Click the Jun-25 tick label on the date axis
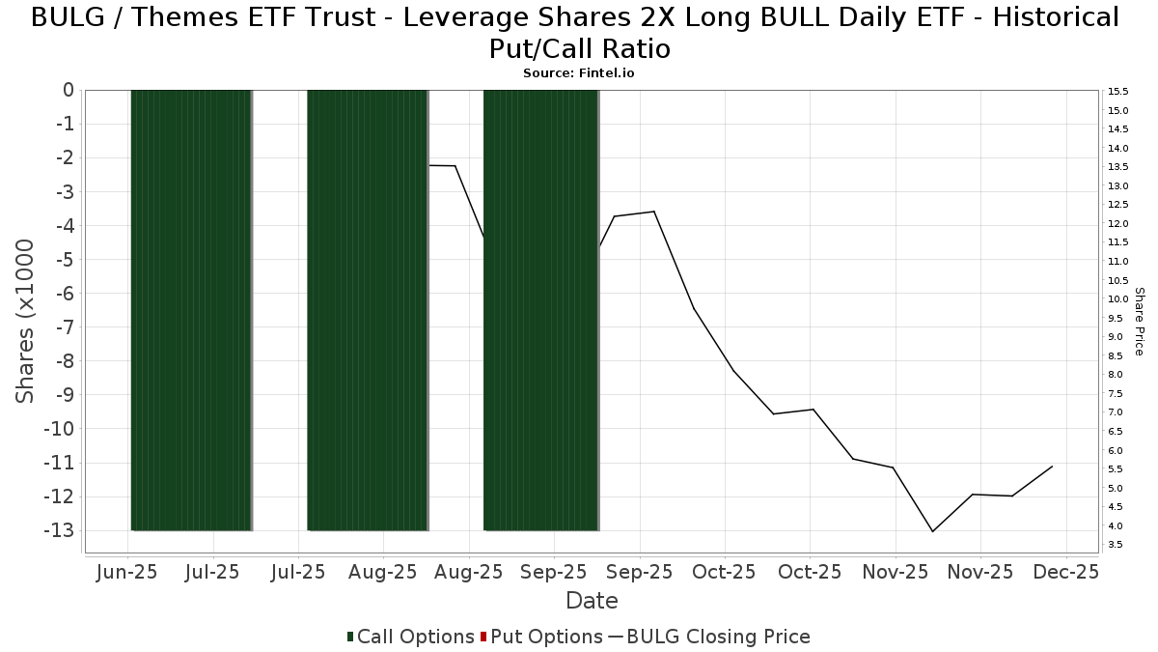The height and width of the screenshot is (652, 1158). coord(127,572)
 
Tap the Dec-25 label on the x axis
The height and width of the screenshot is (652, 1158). coord(1066,572)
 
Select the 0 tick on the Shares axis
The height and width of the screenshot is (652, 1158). coord(69,90)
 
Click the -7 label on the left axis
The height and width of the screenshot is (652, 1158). coord(66,326)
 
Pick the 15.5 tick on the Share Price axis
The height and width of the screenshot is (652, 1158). coord(1118,92)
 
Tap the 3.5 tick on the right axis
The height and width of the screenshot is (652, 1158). coord(1115,545)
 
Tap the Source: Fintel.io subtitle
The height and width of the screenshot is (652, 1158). coord(578,72)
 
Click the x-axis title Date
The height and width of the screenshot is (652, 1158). coord(592,601)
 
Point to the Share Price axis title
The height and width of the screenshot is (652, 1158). coord(1139,321)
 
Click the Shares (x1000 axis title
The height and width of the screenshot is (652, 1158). coord(26,322)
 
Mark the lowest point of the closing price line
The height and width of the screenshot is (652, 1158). coord(932,531)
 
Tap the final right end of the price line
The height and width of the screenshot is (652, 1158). coord(1052,467)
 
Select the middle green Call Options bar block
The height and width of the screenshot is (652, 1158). coord(368,309)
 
